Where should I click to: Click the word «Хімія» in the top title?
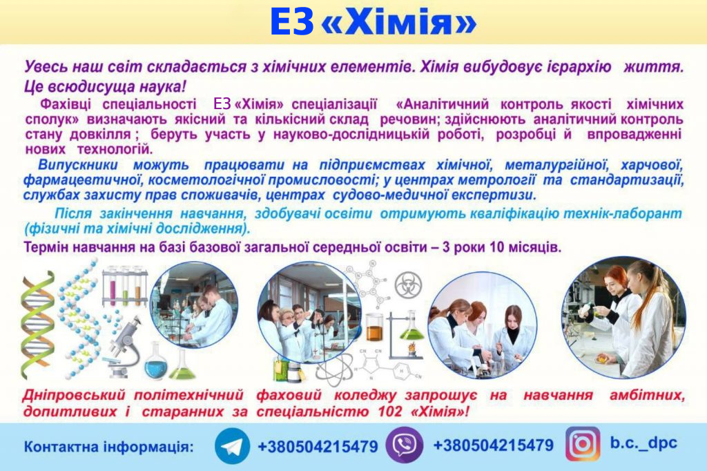click(x=400, y=21)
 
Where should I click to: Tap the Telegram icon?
click(x=232, y=446)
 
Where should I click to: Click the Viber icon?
click(x=405, y=445)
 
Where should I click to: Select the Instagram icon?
click(x=583, y=444)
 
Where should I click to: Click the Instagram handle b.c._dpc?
click(x=643, y=443)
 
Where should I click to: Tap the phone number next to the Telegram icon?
click(x=318, y=447)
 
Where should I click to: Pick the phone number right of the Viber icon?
click(x=493, y=445)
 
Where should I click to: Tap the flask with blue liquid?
click(x=155, y=361)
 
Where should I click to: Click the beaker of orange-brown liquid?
click(x=374, y=327)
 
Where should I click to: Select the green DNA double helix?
click(x=38, y=325)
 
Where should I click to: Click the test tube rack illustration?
click(x=125, y=286)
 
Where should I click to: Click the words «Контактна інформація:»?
click(x=108, y=447)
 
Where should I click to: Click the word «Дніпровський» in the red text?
click(x=74, y=396)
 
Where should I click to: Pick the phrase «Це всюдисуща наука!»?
click(x=105, y=86)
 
